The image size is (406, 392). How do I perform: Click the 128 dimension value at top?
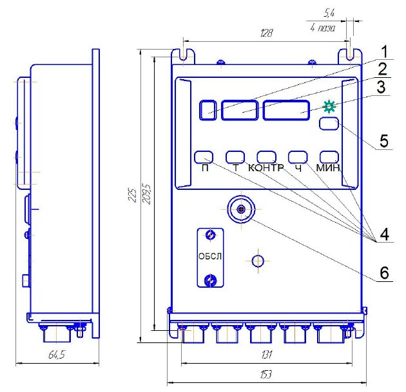click(266, 33)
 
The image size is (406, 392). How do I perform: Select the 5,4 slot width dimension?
click(329, 13)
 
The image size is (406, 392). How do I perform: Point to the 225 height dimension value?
click(132, 195)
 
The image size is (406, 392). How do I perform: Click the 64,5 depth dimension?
click(57, 355)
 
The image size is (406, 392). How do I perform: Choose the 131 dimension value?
click(267, 355)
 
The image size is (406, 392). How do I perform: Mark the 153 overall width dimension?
click(266, 374)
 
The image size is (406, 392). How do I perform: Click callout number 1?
click(385, 52)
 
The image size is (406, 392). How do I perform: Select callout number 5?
click(384, 141)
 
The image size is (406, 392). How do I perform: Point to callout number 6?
click(384, 272)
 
